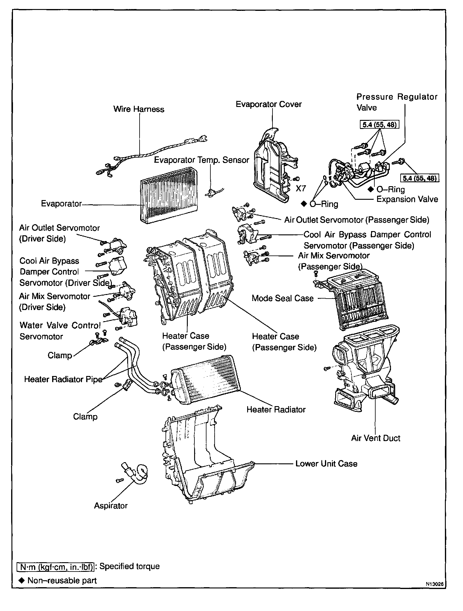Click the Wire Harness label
pos(139,109)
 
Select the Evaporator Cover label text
pos(269,104)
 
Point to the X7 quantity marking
pos(301,189)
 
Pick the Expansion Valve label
pos(407,199)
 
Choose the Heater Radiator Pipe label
pos(63,379)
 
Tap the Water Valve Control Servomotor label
pos(60,331)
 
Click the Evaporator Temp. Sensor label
pos(201,160)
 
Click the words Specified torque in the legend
pos(129,566)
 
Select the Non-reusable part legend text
pos(62,581)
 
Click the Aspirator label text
pos(111,506)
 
